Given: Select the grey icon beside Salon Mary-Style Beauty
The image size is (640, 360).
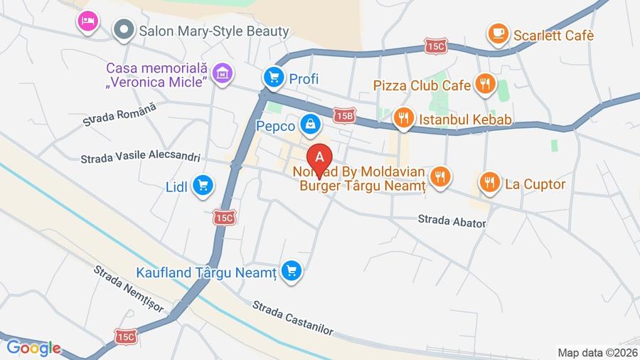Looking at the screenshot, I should pos(124,31).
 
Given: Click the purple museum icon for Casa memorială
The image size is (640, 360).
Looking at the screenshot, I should pos(223,73).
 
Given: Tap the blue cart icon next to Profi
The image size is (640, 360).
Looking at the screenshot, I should pos(272,78).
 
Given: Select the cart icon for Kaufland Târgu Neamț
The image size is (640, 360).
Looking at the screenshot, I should pos(291,271).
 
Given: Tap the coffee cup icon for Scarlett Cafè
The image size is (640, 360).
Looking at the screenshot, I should pos(498,33).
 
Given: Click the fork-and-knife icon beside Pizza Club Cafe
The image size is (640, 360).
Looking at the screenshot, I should pos(486,85).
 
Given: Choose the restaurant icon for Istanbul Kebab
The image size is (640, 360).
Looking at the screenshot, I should pos(404,118).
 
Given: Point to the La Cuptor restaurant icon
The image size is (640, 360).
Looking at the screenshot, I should pos(489,184).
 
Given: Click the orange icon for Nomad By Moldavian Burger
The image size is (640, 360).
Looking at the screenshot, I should pos(440,178).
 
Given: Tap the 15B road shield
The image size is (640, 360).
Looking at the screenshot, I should pos(345,115).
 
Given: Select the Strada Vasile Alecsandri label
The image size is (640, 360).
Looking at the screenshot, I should pos(141,158).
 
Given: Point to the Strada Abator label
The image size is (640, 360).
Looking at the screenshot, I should pos(452,221).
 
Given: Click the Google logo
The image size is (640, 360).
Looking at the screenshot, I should pos(33,349).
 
